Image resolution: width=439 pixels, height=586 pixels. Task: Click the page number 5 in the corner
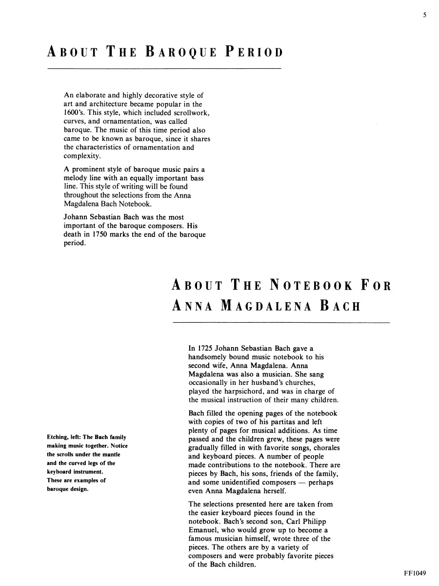424,15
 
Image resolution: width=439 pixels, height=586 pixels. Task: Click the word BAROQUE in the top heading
180,52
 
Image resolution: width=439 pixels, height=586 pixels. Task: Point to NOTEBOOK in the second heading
307,285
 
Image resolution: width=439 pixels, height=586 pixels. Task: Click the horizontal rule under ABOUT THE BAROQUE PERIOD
164,68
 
